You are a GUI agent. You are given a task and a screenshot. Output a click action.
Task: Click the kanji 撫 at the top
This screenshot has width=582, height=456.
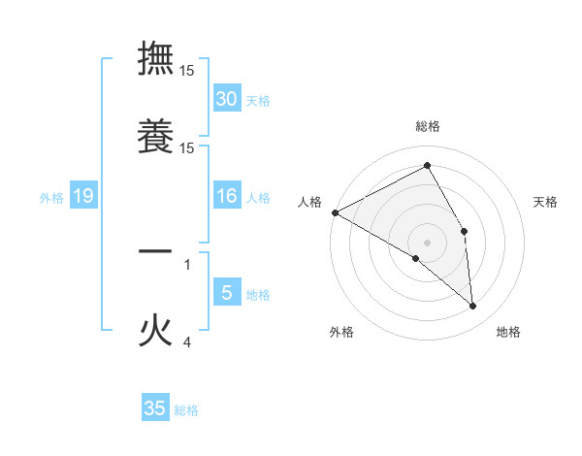155,58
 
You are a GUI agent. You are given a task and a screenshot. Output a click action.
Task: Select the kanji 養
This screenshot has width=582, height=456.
155,136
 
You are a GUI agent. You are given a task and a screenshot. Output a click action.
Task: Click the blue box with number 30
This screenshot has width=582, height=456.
227,99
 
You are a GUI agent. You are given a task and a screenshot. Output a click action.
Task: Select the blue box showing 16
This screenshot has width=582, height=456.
227,197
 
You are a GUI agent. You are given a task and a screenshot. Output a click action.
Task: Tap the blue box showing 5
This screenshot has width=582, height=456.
227,293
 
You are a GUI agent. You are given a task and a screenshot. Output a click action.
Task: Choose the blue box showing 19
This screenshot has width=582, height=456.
83,197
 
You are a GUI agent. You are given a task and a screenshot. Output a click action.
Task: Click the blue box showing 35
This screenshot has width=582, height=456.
155,408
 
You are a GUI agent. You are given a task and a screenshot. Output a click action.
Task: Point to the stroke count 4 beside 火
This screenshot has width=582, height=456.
187,342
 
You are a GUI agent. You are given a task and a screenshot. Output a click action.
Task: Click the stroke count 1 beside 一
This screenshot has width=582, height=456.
187,263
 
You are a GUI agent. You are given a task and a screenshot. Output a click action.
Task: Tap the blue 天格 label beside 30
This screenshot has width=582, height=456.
258,100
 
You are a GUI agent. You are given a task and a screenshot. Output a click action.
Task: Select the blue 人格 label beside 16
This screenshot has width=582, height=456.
258,198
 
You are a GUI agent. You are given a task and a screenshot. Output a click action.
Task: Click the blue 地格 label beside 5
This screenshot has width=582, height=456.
258,294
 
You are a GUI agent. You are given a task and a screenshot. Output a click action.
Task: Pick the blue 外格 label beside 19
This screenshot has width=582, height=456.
51,198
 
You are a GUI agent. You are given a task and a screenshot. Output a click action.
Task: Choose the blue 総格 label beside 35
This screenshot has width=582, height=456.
186,410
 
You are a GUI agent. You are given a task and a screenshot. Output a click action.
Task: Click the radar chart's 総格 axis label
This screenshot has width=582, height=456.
428,126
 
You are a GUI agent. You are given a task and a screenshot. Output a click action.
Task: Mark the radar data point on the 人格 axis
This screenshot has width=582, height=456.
335,212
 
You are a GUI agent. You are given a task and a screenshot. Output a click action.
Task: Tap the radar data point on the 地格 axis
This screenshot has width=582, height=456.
472,307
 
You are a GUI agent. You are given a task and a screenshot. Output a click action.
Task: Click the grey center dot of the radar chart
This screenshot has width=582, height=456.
428,242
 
